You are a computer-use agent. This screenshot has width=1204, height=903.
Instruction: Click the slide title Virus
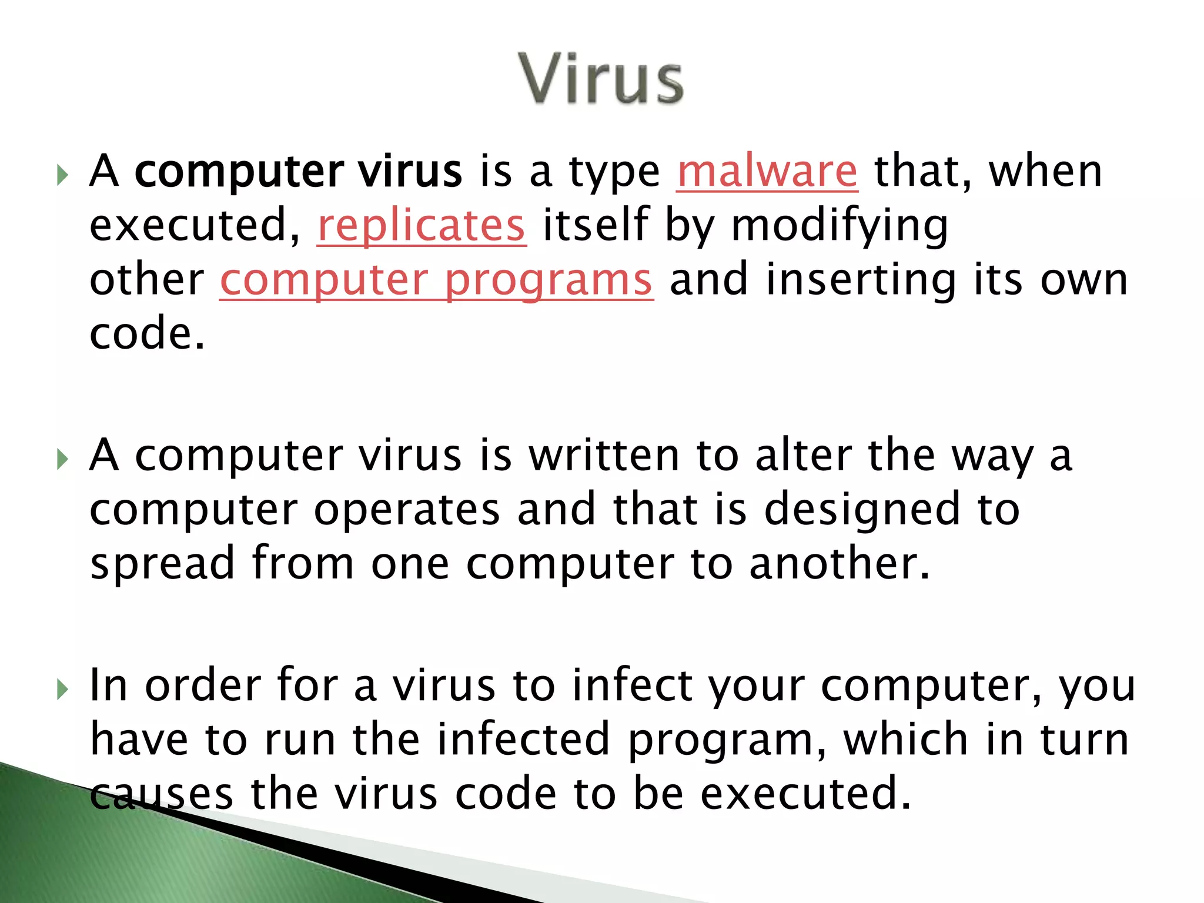point(601,79)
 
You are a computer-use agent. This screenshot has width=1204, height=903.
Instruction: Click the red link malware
point(767,172)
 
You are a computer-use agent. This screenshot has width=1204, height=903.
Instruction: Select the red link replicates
point(421,226)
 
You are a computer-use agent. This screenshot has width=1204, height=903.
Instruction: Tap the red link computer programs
point(436,280)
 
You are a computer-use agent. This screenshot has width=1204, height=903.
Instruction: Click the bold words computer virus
point(299,172)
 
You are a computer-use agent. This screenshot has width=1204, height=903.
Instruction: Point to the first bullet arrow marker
point(63,175)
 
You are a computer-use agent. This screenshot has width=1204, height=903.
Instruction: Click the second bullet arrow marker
point(63,459)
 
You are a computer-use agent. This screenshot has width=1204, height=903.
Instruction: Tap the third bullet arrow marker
point(63,689)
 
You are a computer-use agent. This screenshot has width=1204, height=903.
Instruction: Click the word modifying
point(840,226)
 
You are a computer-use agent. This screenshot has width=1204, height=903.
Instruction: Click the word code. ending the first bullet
point(147,334)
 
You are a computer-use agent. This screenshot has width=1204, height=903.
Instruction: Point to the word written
point(604,456)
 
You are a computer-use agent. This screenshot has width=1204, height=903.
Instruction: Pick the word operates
point(407,510)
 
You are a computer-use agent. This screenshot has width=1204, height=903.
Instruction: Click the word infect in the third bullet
point(632,685)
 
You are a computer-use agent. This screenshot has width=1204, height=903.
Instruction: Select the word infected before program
point(523,740)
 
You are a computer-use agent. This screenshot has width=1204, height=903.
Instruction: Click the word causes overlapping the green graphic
point(162,794)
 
